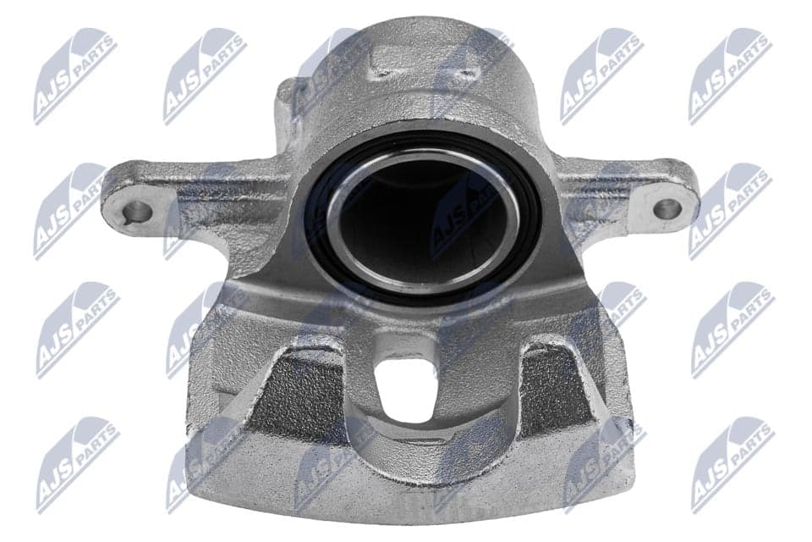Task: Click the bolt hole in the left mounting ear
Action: pos(137,212)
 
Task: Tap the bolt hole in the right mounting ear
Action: pos(667,209)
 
